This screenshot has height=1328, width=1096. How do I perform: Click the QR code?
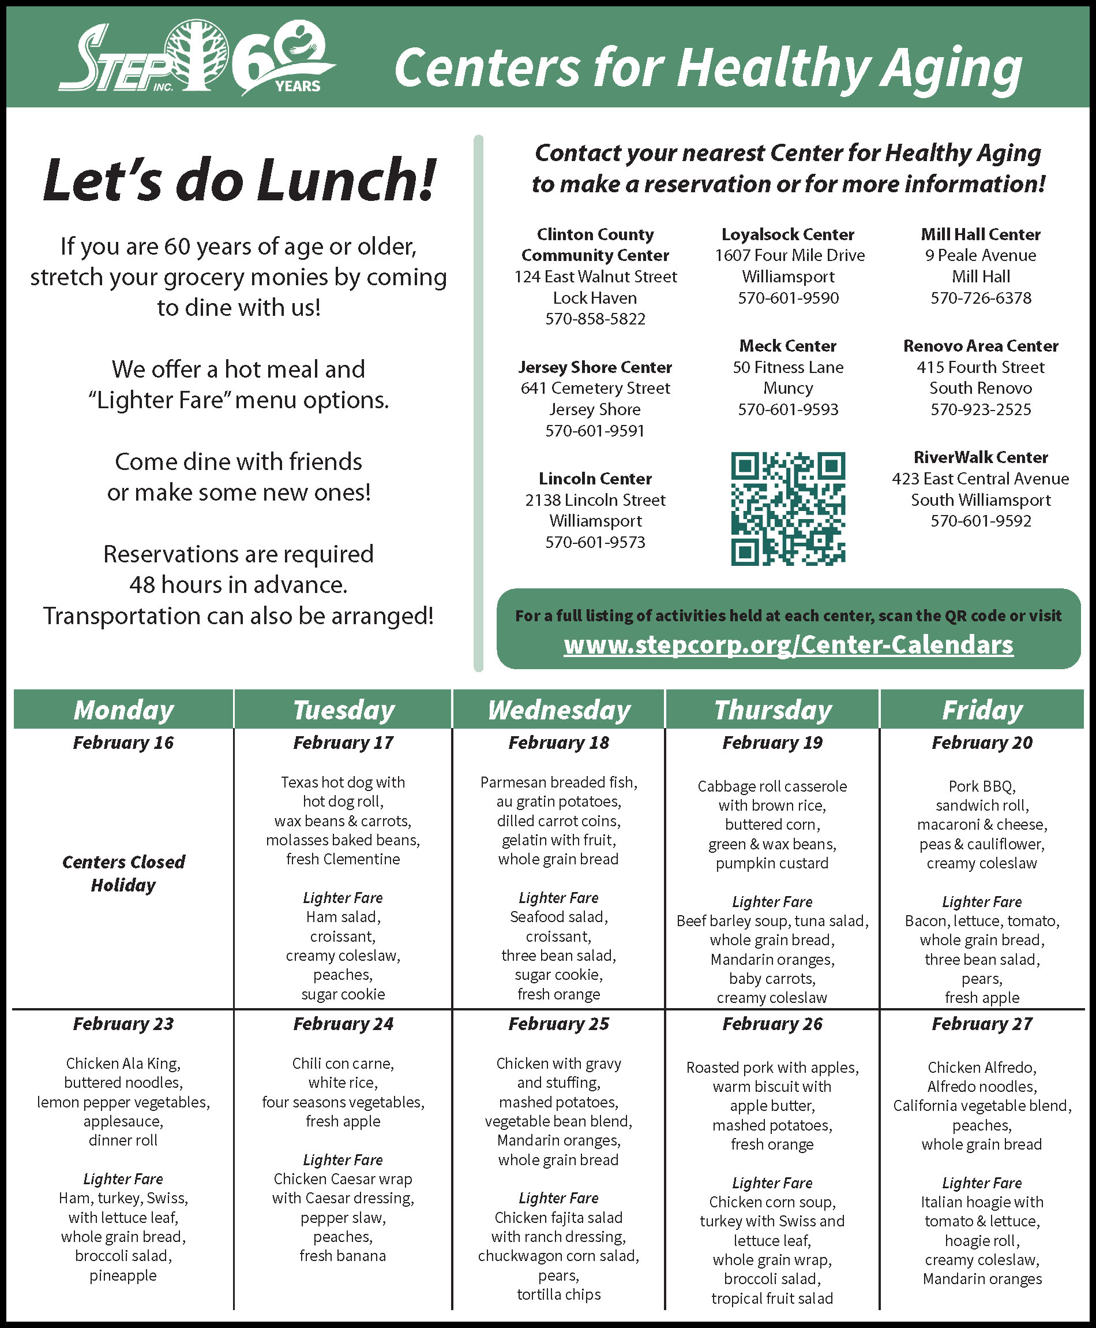788,508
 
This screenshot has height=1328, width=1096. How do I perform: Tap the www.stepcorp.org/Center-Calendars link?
788,644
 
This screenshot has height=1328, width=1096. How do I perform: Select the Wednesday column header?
559,710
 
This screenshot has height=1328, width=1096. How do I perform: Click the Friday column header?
982,710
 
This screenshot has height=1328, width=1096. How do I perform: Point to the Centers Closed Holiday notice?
124,873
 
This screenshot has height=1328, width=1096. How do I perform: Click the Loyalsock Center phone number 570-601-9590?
788,297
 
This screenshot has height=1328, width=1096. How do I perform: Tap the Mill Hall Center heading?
981,234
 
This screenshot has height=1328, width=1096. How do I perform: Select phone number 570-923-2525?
981,409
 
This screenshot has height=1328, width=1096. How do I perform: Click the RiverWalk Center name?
981,457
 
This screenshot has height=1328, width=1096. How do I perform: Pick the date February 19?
772,743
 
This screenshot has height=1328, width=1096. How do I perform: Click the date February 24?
343,1024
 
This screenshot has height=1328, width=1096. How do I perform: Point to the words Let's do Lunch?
239,180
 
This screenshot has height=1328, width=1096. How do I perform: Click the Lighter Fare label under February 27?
982,1182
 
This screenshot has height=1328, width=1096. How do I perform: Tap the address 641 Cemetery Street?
595,388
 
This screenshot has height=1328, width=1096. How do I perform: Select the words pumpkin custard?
772,863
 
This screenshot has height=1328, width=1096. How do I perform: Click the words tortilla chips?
559,1295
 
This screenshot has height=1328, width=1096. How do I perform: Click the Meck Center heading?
788,346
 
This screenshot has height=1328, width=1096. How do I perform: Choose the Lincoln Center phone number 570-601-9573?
595,542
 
